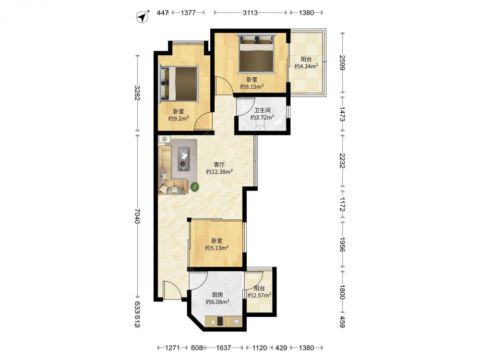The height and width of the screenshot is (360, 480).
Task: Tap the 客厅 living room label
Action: click(x=219, y=165)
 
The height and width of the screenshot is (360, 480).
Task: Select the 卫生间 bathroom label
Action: click(x=263, y=110)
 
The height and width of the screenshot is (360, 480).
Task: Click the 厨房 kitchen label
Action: click(x=217, y=295)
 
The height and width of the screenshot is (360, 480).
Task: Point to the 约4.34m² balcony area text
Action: click(x=306, y=66)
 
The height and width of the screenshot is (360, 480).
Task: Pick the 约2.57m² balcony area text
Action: click(x=260, y=295)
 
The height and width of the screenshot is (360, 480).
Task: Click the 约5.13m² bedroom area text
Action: click(x=217, y=248)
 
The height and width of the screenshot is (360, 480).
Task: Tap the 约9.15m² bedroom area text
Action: click(x=252, y=86)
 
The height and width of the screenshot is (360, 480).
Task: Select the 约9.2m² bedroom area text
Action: click(x=178, y=119)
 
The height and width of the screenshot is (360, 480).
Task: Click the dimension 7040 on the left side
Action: click(x=137, y=216)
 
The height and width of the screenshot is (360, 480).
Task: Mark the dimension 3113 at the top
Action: click(x=251, y=12)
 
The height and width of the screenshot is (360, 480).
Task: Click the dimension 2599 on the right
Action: click(x=343, y=63)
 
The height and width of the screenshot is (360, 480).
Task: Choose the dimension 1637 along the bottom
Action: click(x=224, y=348)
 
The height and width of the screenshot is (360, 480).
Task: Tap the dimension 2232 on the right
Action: click(x=343, y=160)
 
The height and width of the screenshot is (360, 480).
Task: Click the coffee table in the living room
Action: click(x=184, y=158)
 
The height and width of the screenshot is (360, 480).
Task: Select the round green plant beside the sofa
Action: click(x=195, y=186)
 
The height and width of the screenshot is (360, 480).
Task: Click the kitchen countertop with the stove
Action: click(x=224, y=321)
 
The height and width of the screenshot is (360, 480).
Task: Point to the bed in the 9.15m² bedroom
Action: click(x=256, y=54)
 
